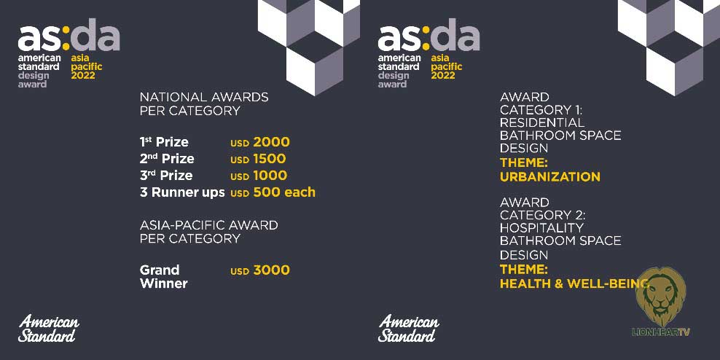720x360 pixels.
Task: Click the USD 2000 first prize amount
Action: (x=260, y=142)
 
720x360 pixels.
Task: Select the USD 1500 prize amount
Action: (x=258, y=159)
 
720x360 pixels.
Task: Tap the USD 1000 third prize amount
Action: (x=259, y=176)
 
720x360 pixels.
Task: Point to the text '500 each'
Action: (x=284, y=192)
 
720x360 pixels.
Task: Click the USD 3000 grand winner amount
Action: (x=260, y=270)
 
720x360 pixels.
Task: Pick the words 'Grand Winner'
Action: (x=163, y=276)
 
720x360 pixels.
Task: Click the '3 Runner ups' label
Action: (x=182, y=192)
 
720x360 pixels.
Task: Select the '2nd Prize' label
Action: (x=167, y=160)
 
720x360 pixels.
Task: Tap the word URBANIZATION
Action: (x=549, y=177)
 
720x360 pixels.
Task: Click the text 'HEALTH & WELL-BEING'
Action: (x=574, y=283)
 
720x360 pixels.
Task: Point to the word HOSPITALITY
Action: (x=541, y=228)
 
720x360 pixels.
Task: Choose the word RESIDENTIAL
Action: (x=542, y=122)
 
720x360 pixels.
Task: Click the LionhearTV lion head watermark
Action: (x=660, y=297)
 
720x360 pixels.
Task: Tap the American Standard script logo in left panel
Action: (x=48, y=328)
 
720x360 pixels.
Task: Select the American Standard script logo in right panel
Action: (x=408, y=328)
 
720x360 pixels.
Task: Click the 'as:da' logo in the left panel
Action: (x=69, y=36)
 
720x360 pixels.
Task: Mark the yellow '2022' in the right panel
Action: (x=442, y=75)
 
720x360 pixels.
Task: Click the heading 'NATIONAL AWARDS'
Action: (x=204, y=98)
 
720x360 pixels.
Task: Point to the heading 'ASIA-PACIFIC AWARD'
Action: (x=208, y=225)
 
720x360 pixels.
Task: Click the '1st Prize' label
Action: (x=164, y=142)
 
